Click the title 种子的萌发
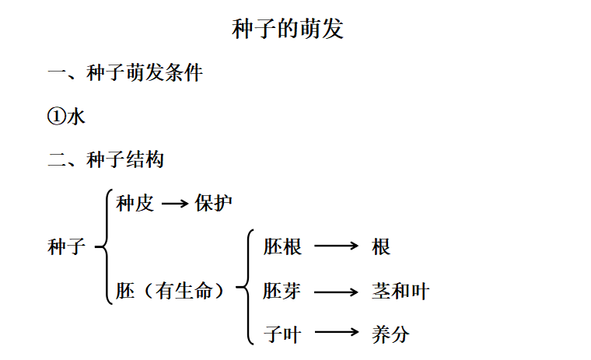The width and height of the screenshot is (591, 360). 288,30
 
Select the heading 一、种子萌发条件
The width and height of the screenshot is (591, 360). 125,73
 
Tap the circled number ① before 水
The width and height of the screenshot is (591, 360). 57,117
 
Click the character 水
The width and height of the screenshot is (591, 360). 76,117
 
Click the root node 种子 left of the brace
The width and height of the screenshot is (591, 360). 67,247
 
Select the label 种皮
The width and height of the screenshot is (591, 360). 135,204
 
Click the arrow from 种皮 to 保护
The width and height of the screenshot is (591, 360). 175,204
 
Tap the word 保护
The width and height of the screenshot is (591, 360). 214,204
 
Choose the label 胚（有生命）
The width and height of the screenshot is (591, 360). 172,292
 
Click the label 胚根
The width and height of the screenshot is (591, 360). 282,247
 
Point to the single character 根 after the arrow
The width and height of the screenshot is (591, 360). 381,247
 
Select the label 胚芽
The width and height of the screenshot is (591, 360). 282,292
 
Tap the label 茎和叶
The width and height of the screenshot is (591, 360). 400,292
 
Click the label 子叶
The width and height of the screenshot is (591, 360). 282,335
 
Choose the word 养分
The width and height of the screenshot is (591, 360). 390,335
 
